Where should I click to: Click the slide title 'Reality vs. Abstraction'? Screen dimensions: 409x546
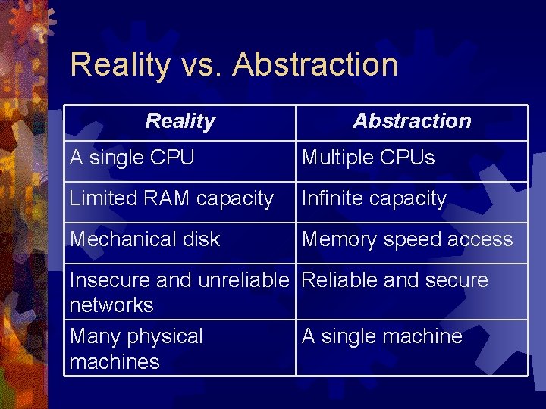[x=234, y=64]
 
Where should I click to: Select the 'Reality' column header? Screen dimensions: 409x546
[x=180, y=121]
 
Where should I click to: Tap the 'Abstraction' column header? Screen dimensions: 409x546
[x=412, y=121]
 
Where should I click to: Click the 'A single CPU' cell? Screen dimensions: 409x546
[x=132, y=158]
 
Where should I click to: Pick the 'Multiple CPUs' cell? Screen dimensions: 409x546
[x=369, y=158]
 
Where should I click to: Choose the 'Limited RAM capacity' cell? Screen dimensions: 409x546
[x=171, y=198]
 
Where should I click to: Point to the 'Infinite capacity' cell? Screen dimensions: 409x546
[x=375, y=198]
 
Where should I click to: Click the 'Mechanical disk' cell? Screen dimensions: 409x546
[x=145, y=239]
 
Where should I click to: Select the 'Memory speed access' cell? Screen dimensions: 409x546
[x=407, y=239]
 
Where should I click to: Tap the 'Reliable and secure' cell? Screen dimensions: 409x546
[x=395, y=280]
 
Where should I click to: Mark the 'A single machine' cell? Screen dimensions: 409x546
[x=382, y=336]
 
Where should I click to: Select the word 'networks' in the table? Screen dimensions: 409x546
[x=111, y=305]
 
